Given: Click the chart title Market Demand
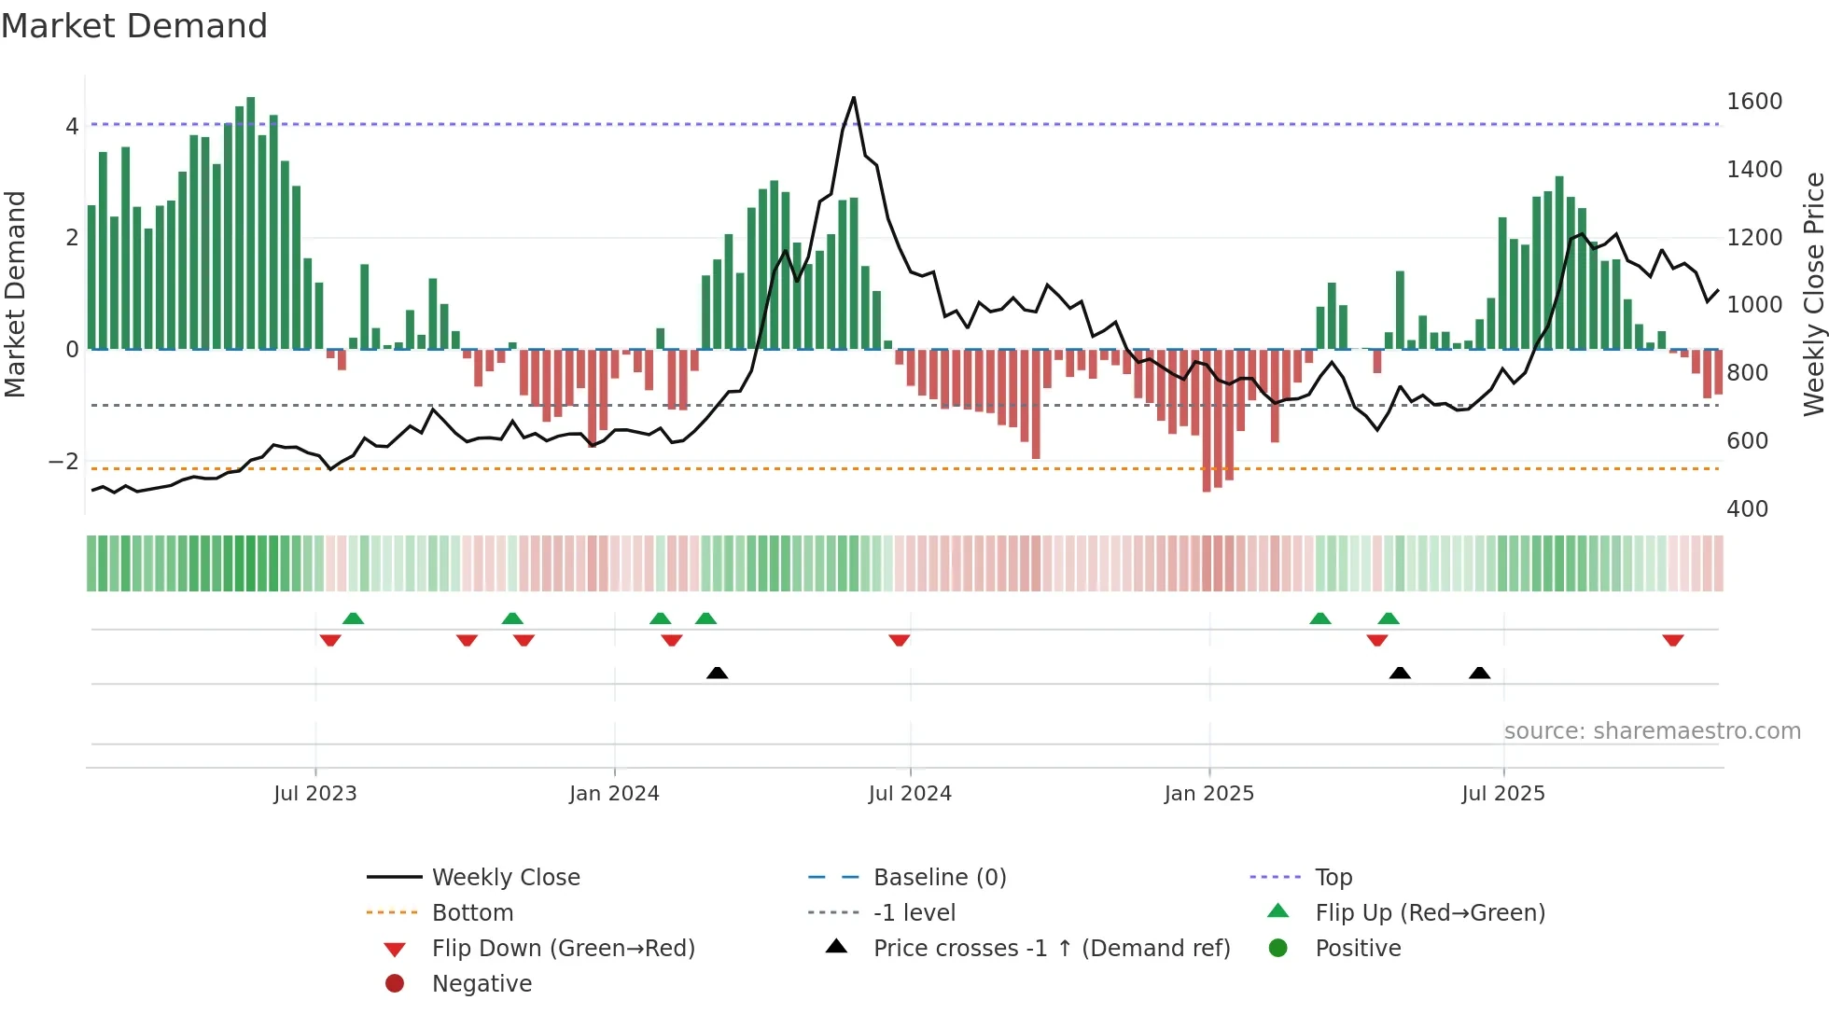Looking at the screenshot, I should pyautogui.click(x=134, y=26).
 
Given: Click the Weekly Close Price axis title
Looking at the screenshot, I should pyautogui.click(x=1813, y=294).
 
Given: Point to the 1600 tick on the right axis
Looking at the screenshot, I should pyautogui.click(x=1753, y=101).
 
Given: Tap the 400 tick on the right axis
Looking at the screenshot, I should pyautogui.click(x=1747, y=508).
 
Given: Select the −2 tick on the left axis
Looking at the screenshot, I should pyautogui.click(x=63, y=461).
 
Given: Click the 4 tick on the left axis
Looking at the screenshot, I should pyautogui.click(x=72, y=126).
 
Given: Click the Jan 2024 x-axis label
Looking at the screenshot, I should pyautogui.click(x=614, y=793).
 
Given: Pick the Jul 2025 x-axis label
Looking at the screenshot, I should pyautogui.click(x=1502, y=793).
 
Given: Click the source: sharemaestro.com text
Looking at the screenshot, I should pyautogui.click(x=1652, y=730).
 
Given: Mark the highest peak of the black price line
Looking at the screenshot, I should pyautogui.click(x=853, y=97).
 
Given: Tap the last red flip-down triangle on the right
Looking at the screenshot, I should pyautogui.click(x=1672, y=640).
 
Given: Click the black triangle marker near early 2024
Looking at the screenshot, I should pyautogui.click(x=717, y=673).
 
